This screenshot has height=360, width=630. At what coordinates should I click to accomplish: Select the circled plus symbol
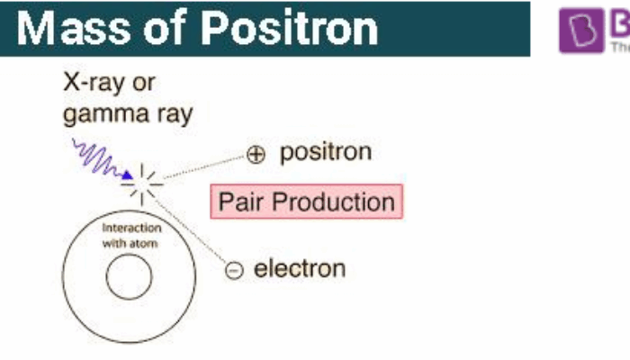256,155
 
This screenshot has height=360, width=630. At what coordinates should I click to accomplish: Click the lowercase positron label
325,152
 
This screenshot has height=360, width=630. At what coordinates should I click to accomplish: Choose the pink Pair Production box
306,202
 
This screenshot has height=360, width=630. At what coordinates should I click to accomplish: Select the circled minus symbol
234,269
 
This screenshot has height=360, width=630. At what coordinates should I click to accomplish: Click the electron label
300,268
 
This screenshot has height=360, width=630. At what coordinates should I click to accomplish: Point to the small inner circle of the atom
129,279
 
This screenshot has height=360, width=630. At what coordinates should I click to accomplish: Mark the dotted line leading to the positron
202,167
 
